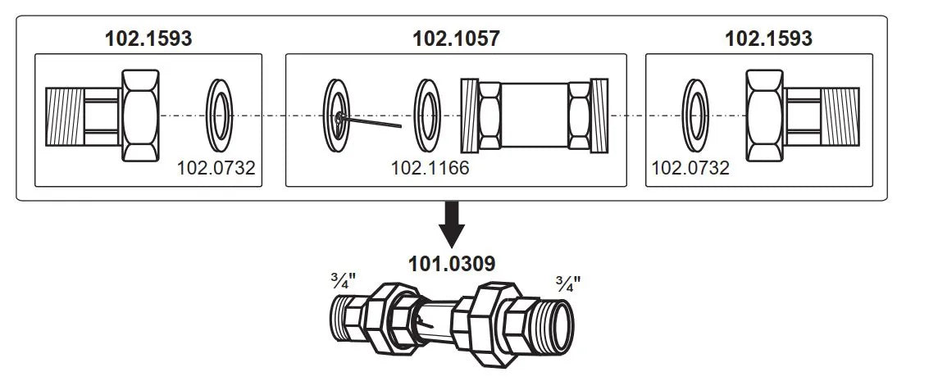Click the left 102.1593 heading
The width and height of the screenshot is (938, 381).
click(x=148, y=39)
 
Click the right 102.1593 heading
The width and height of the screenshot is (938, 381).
click(x=769, y=39)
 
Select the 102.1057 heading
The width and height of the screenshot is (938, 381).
click(x=456, y=39)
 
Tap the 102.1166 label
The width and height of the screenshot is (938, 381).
click(x=430, y=168)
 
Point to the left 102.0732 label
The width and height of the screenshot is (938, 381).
click(x=216, y=168)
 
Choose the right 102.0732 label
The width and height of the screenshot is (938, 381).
click(x=690, y=168)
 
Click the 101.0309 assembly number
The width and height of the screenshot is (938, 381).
click(x=452, y=264)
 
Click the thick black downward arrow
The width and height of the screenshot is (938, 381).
click(x=452, y=225)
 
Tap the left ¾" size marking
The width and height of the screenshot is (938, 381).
click(x=344, y=280)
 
